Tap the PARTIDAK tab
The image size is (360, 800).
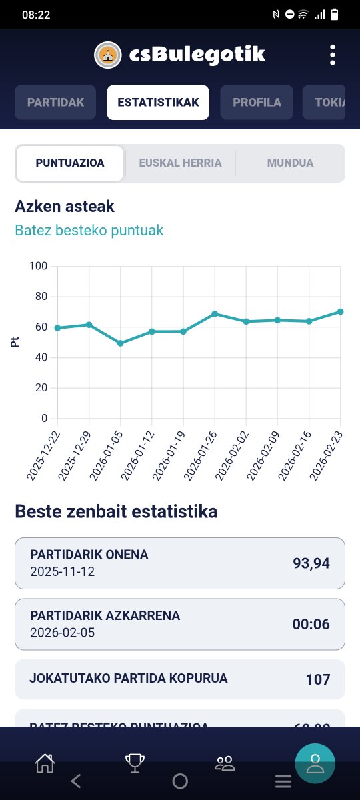point(55,103)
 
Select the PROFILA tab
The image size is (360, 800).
point(257,103)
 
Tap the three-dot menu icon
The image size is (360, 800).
point(333,55)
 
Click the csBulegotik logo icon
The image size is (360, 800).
point(108,55)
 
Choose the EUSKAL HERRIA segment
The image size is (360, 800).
point(180,163)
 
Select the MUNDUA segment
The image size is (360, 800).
point(290,163)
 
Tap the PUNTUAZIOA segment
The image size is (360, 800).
point(70,163)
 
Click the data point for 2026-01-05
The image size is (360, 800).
point(121,343)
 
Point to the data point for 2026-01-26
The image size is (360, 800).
point(215,313)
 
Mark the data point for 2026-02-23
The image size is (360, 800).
point(340,311)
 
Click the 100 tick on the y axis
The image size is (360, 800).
point(39,266)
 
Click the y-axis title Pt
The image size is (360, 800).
point(15,342)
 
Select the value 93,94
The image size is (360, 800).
point(311,563)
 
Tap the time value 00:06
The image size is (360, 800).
point(311,625)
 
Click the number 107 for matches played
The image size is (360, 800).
point(318,679)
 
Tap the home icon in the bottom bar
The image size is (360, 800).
point(45,763)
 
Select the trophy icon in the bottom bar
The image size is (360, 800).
point(135,763)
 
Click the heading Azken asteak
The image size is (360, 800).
point(65,207)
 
